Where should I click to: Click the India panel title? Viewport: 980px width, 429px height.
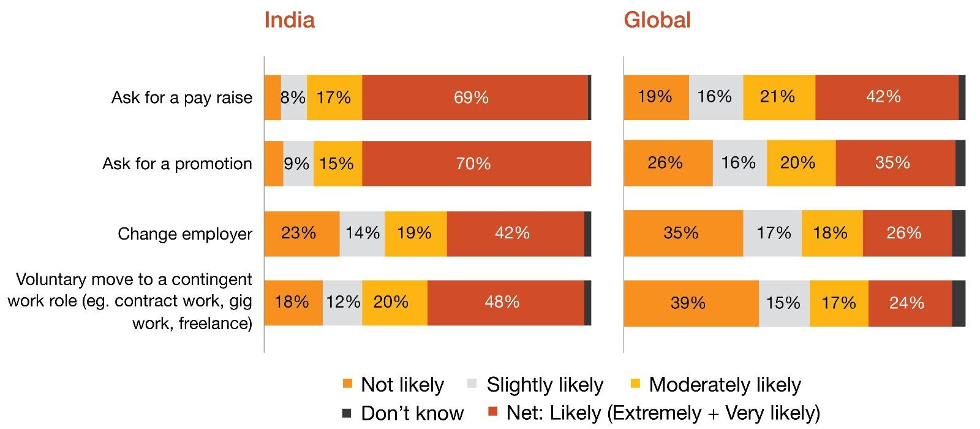[x=289, y=20]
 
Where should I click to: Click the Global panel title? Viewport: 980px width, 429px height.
[x=657, y=20]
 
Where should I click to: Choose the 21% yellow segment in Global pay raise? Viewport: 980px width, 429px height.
[x=778, y=97]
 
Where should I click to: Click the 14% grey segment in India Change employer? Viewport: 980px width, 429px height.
[x=362, y=233]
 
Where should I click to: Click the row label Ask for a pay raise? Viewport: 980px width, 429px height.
[x=181, y=97]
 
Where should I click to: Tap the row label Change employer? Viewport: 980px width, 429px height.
[x=185, y=233]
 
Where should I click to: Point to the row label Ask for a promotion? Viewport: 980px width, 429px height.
[x=177, y=164]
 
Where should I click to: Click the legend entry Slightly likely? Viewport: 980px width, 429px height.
[x=544, y=385]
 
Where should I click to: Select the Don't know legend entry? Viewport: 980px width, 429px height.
[x=411, y=413]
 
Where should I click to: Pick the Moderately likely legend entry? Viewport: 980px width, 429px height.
[x=724, y=385]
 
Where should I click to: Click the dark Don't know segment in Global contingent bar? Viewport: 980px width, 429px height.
[x=959, y=303]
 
